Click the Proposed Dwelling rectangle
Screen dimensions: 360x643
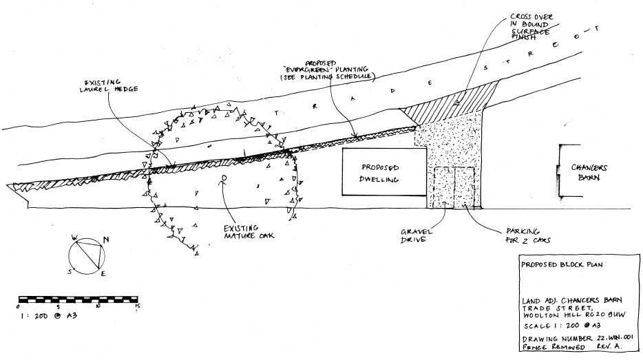[x=380, y=172]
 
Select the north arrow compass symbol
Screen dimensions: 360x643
[x=88, y=253]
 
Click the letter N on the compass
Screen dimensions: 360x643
[x=105, y=240]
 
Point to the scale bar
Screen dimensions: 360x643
[x=78, y=299]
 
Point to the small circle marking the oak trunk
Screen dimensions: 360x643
[x=224, y=178]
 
